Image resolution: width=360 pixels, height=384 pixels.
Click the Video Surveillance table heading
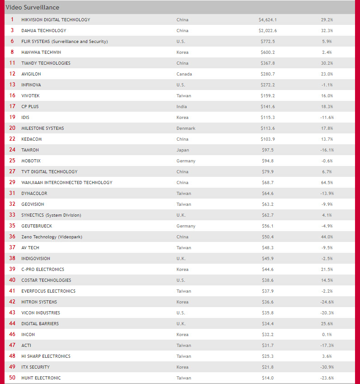pos(32,7)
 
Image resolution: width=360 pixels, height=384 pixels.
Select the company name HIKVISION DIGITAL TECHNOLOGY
pos(56,20)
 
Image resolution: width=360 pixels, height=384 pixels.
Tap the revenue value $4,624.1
pos(268,20)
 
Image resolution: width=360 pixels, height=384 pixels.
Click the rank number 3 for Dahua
pos(12,31)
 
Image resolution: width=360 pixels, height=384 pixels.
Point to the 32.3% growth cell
pos(327,31)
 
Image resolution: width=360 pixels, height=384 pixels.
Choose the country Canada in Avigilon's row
pos(184,74)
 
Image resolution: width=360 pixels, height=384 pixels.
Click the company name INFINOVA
pos(31,85)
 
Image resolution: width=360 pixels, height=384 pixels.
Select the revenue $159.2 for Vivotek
pos(268,96)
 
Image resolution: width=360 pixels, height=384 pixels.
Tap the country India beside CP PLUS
pos(181,107)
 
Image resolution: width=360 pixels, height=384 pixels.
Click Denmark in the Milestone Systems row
pos(186,128)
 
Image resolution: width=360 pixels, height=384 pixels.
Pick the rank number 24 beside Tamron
pos(12,150)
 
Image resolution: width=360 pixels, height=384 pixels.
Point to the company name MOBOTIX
pos(31,161)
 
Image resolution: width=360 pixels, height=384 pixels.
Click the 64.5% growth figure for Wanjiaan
pos(327,183)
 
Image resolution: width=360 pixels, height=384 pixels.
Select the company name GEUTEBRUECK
pos(37,226)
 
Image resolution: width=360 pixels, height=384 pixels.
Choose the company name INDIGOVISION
pos(38,259)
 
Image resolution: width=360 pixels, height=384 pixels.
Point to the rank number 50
pos(12,378)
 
